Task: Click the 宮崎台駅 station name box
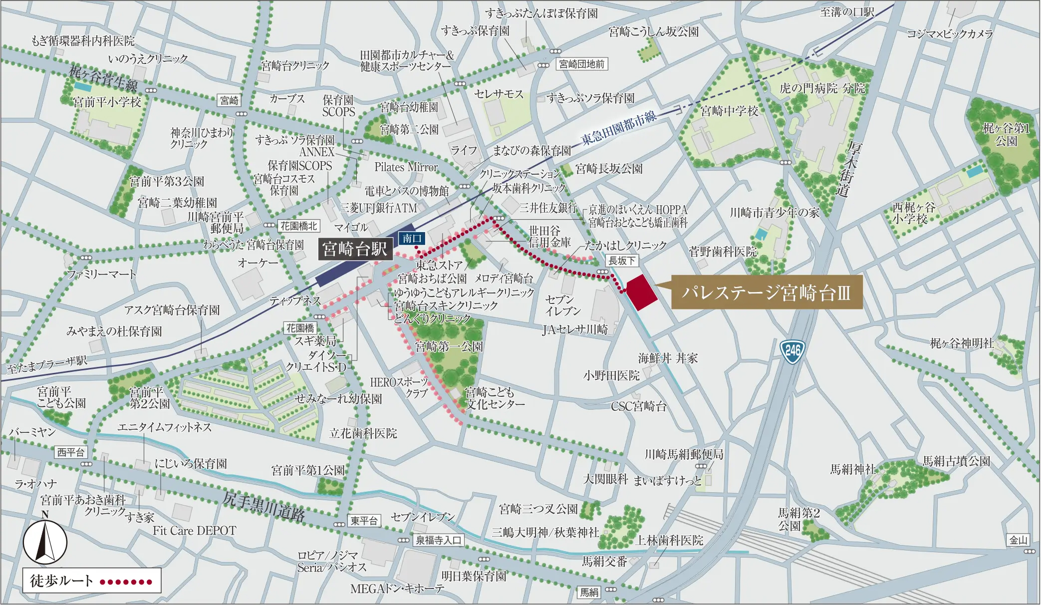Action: point(355,249)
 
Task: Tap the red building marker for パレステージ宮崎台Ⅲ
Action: point(641,293)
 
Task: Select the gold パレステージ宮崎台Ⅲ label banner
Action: point(766,292)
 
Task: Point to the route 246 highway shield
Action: point(792,351)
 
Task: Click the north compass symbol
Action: point(45,541)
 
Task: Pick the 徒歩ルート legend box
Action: point(92,581)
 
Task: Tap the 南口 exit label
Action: point(412,239)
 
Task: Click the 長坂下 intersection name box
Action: point(622,261)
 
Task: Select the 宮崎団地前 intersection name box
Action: point(581,64)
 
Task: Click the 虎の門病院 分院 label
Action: point(822,88)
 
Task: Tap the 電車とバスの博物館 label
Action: point(406,191)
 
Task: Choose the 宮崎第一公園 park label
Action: point(449,346)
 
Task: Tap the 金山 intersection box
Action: point(1018,540)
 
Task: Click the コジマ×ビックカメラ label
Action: point(949,34)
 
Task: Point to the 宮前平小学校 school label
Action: point(107,102)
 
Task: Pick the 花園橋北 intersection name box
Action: point(298,226)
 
